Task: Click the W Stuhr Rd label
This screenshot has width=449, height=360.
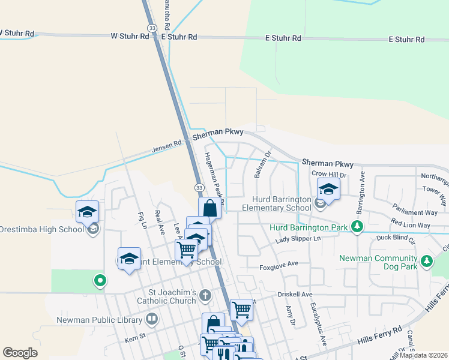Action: [130, 37]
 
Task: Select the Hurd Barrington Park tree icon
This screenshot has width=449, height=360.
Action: [358, 226]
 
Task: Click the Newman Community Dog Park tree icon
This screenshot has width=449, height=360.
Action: [427, 261]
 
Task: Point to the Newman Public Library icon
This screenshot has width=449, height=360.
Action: [152, 318]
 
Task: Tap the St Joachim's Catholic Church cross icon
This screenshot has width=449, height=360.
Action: [205, 295]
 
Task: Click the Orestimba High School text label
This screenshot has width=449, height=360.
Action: [42, 229]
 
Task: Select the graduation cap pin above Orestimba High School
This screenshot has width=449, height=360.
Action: [87, 211]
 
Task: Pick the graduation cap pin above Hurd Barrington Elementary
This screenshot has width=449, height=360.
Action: [328, 188]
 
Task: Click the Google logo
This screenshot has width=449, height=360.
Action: [20, 353]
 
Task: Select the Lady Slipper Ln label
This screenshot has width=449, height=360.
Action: [298, 239]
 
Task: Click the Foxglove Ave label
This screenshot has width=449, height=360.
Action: [279, 264]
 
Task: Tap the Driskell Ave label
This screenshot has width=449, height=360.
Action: [295, 295]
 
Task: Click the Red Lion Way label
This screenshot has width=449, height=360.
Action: [410, 225]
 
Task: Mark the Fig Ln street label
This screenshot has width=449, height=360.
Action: [142, 220]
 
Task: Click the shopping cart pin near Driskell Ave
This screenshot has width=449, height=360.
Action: [241, 310]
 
